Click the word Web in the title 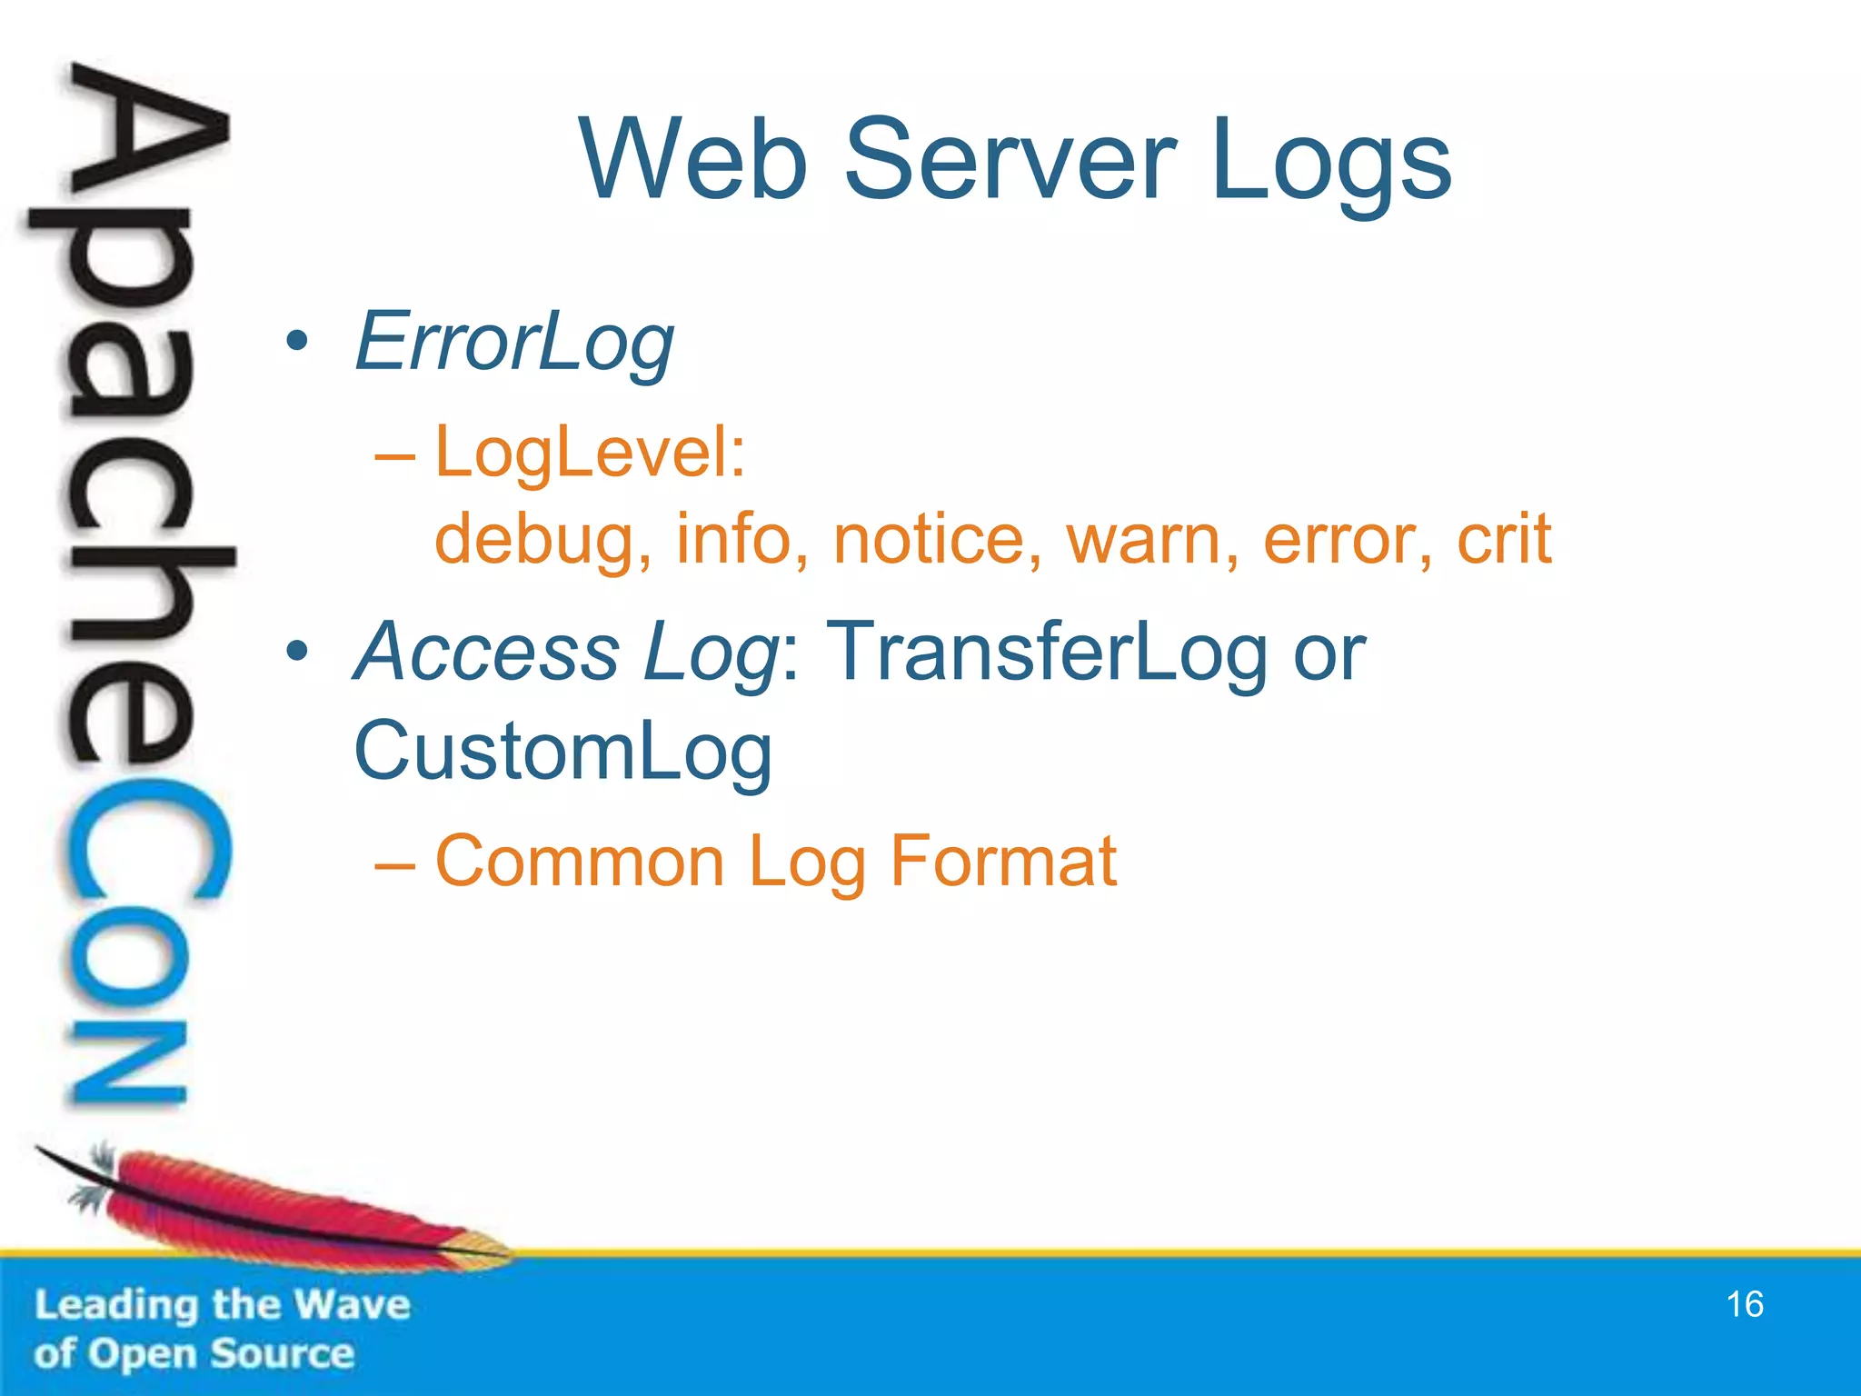[693, 162]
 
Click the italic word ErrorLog [514, 343]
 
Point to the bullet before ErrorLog [296, 343]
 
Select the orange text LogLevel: [590, 452]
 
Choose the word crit [1504, 538]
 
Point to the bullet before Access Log [296, 652]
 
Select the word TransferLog [1046, 652]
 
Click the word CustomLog [562, 752]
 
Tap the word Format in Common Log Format [1003, 860]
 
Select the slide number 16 [1744, 1304]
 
